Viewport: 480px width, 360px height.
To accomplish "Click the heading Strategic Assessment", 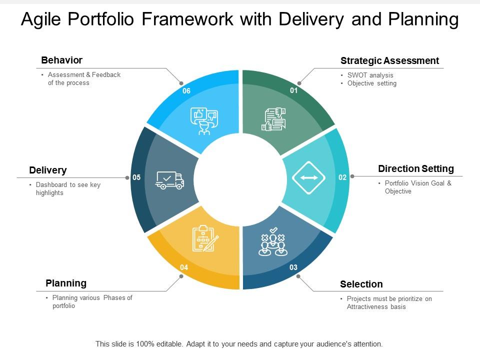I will [x=389, y=61].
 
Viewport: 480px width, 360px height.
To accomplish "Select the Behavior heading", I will [x=61, y=60].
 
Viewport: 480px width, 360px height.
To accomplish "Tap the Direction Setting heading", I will [x=415, y=168].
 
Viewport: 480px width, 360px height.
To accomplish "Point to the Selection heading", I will [x=361, y=284].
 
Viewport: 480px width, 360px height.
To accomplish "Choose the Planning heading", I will [x=66, y=283].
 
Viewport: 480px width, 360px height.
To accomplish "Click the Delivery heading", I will [x=47, y=170].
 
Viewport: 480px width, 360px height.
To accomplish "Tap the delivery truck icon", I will [x=169, y=180].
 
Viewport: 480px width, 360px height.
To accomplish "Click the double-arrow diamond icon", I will [x=309, y=177].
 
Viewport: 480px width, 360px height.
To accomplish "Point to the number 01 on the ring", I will [x=293, y=90].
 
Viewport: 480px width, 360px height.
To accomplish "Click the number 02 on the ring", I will [x=342, y=177].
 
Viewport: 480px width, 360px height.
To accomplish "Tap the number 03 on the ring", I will [x=293, y=267].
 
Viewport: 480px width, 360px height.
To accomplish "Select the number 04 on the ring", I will [x=184, y=267].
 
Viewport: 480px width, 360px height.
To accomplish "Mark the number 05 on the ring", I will [x=136, y=177].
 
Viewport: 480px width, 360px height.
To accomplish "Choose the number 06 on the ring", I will [x=186, y=90].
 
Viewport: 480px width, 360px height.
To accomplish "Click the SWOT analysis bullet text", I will [x=370, y=75].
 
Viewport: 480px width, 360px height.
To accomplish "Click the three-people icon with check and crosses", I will [x=273, y=241].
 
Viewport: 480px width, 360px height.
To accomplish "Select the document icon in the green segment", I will [x=273, y=119].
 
